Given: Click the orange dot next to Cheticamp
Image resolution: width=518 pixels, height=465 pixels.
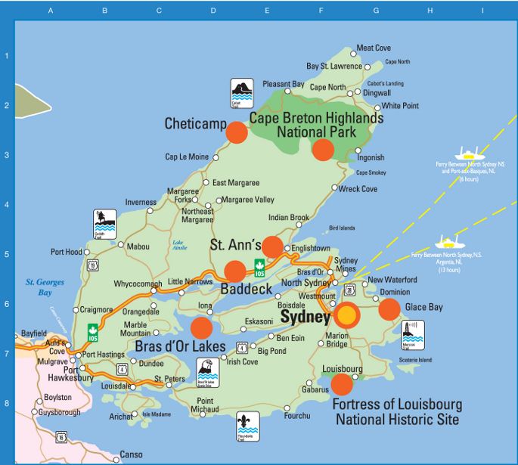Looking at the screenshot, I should pos(237,132).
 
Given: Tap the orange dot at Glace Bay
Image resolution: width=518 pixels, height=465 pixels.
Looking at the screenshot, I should pos(389,309).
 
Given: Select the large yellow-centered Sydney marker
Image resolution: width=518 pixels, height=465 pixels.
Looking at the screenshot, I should pos(346,314).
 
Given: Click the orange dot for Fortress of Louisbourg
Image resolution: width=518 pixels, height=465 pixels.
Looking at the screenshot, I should pos(342,384).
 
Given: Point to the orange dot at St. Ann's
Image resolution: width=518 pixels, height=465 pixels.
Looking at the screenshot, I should pos(272,246).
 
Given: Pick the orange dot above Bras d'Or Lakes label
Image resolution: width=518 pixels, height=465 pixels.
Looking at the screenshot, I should pos(201,327).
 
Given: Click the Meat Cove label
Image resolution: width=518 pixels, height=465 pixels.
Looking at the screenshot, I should pos(374,48).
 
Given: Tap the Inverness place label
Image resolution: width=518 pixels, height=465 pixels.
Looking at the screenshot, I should pos(141,203).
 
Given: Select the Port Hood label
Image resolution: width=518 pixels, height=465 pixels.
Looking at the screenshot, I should pos(67,252).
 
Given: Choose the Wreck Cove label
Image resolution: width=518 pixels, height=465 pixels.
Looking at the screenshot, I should pos(358,189).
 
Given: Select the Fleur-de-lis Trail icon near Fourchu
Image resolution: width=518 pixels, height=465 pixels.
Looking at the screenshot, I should pos(247,426).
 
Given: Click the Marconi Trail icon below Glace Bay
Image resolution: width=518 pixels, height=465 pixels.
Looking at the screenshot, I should pos(412,334).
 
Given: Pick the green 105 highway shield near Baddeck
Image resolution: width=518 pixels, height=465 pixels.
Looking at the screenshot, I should pos(259,267).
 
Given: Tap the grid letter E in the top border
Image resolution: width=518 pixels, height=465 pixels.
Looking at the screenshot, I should pos(267,11).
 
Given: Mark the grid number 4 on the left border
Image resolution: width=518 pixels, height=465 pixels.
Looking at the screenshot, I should pos(6,204).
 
